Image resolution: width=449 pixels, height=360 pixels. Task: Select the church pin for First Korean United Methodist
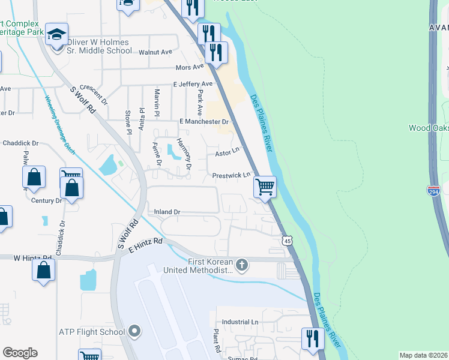(242, 265)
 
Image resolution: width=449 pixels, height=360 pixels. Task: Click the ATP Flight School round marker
(134, 331)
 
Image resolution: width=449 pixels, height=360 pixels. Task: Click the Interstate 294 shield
(433, 191)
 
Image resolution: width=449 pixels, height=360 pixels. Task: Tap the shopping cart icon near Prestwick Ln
(265, 187)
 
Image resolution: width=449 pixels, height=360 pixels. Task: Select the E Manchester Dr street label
(205, 122)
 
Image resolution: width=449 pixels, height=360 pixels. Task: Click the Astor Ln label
(228, 154)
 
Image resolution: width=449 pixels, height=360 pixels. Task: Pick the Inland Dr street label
(167, 212)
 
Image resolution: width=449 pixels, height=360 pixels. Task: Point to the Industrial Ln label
(240, 322)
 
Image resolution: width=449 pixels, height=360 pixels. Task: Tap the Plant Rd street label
(216, 340)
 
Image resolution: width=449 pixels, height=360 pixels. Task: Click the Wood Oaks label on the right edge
(429, 128)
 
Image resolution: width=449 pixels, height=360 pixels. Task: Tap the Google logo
(20, 353)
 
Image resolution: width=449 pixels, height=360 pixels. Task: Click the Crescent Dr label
(93, 94)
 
